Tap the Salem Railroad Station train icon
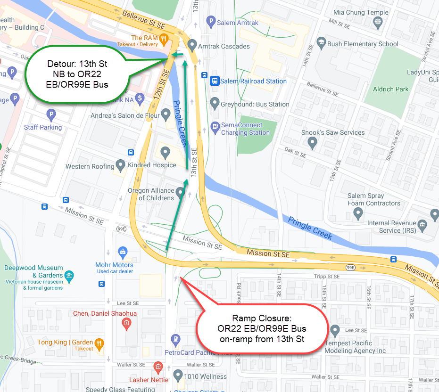pos(215,81)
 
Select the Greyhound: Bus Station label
pos(255,104)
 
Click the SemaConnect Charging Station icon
pos(215,126)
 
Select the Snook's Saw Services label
pos(333,132)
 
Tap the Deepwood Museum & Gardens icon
pos(69,275)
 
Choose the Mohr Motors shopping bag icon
pos(123,252)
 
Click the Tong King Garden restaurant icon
pos(99,343)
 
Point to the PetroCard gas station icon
pos(176,338)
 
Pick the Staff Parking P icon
pos(51,114)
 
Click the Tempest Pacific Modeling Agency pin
pos(335,331)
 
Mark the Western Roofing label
pos(90,166)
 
